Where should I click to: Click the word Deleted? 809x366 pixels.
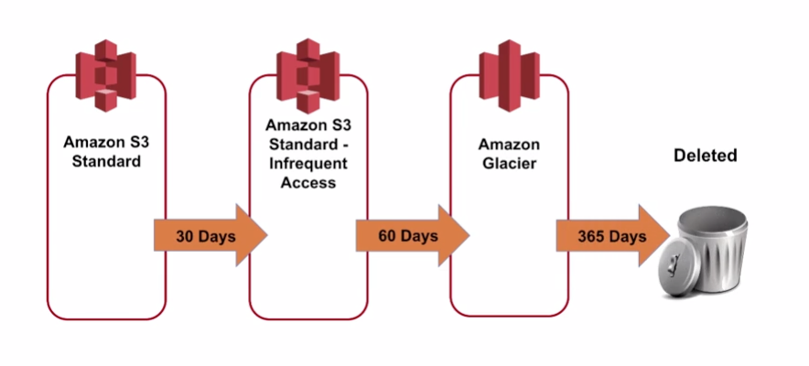pos(705,156)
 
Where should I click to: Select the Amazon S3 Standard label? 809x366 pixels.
pos(102,153)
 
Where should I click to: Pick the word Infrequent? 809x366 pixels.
pos(307,166)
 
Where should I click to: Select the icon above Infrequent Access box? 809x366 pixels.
pos(307,76)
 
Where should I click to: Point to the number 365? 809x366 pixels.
pos(593,236)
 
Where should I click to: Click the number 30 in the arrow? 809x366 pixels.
pos(185,236)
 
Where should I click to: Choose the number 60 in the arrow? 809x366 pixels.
pos(387,236)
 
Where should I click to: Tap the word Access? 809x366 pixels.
pos(307,182)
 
